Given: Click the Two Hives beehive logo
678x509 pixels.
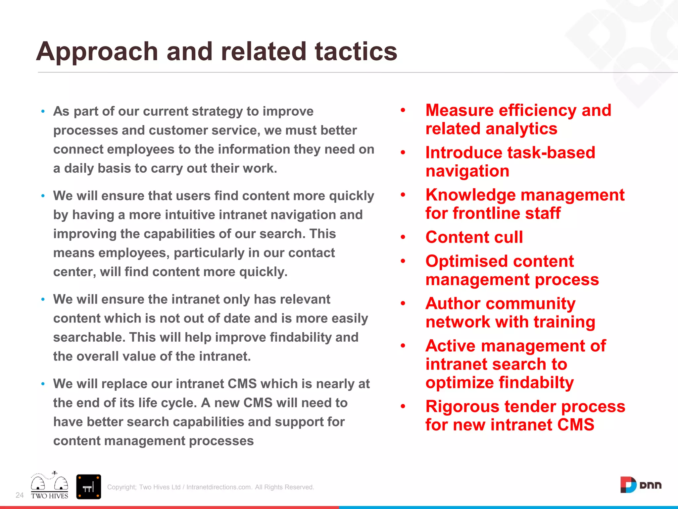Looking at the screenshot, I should (50, 486).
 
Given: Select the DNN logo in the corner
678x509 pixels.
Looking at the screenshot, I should (641, 485).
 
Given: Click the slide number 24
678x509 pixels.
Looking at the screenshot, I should (20, 495).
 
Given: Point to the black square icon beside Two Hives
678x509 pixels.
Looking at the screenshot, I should (88, 487).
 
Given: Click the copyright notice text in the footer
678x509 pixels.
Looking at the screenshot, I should (211, 487).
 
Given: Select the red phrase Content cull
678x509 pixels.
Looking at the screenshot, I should (474, 237).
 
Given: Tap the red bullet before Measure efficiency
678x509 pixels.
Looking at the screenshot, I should (403, 110).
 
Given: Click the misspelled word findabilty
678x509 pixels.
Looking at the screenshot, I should (536, 382).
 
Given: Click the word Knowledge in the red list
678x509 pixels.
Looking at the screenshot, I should (470, 195).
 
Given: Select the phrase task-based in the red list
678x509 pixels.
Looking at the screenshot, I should (551, 153).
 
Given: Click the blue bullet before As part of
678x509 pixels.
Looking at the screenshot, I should (43, 112).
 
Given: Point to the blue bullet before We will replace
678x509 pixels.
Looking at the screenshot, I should (43, 384).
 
